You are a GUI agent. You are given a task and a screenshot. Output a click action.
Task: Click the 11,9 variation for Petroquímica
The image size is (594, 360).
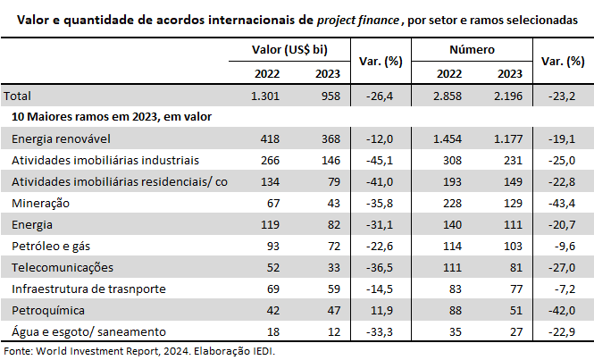click(381, 310)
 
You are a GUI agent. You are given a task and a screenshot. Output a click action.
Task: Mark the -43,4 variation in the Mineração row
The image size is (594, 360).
click(559, 203)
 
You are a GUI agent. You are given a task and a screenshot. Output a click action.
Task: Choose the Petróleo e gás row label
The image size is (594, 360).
click(50, 246)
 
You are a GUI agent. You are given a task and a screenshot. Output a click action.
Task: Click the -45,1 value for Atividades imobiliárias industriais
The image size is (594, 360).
click(381, 160)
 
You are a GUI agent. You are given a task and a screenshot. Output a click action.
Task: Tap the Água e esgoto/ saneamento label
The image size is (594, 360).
click(76, 331)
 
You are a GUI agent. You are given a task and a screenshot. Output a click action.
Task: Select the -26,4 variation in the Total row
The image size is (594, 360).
click(381, 96)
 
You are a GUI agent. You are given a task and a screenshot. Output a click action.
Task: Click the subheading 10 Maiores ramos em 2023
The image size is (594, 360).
click(111, 116)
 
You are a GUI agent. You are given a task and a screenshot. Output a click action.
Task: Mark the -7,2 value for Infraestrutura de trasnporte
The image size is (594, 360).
click(562, 289)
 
